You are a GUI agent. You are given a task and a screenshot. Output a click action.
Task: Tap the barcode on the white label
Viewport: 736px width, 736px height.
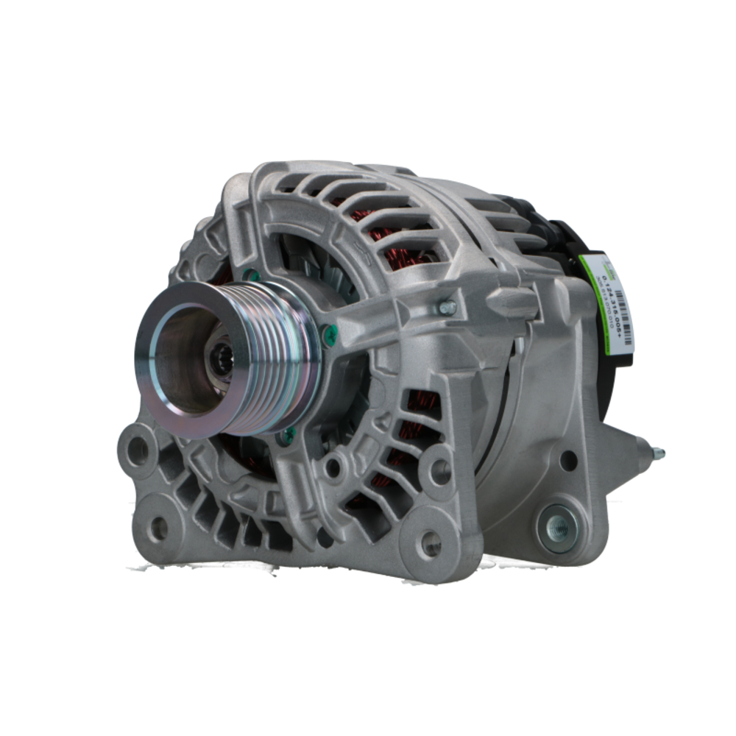point(623,309)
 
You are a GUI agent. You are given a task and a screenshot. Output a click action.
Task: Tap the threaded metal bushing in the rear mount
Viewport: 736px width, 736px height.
point(558,527)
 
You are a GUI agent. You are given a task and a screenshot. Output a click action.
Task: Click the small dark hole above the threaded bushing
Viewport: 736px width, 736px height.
point(567,461)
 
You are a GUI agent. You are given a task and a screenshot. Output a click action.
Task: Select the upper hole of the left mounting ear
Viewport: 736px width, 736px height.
point(137,450)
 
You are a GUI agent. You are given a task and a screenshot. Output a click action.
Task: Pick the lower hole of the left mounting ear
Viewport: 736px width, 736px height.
point(158,527)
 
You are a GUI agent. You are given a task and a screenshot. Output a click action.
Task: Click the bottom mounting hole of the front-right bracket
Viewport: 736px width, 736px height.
point(430,543)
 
